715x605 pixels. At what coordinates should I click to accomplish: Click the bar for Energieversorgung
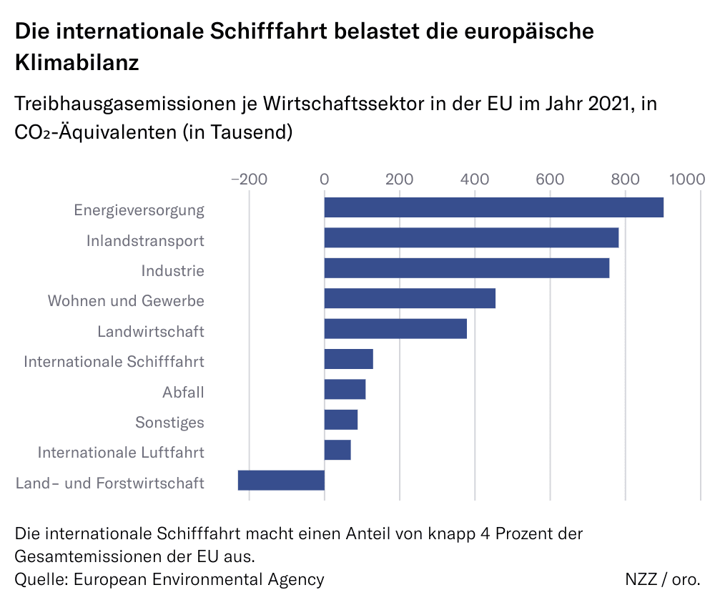click(493, 207)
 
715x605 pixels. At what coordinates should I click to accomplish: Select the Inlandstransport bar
click(471, 237)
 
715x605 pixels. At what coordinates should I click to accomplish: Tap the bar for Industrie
click(467, 268)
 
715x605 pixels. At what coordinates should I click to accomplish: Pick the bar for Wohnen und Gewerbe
click(410, 298)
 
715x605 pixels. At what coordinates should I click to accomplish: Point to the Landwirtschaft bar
click(395, 329)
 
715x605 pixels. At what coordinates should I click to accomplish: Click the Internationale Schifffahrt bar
click(349, 359)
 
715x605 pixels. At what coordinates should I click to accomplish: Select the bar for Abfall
click(345, 390)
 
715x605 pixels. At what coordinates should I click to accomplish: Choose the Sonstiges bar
click(341, 420)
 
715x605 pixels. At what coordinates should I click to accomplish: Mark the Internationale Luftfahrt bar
click(337, 450)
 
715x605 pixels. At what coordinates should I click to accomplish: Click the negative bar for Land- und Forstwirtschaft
click(281, 481)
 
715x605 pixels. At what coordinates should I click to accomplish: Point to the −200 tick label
click(249, 179)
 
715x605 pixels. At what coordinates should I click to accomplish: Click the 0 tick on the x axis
click(325, 179)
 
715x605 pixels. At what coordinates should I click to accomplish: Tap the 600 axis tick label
click(550, 179)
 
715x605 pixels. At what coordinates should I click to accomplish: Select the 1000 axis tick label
click(687, 179)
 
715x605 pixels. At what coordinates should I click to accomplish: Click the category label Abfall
click(183, 392)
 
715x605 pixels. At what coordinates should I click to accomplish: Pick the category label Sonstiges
click(169, 423)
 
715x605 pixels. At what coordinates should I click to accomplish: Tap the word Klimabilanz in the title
click(77, 62)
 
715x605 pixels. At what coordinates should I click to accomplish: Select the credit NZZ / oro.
click(662, 579)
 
